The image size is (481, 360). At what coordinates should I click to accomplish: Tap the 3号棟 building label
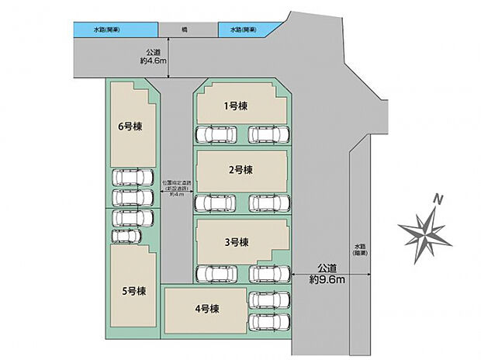[x=236, y=242]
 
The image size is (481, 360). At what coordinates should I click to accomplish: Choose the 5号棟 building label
[x=132, y=292]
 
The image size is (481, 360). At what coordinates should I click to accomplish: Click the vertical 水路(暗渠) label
[x=359, y=247]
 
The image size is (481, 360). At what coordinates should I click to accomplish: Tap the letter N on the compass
[x=438, y=200]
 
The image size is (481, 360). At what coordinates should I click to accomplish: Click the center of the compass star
[x=424, y=230]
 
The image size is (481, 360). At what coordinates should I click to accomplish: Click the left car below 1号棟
[x=216, y=135]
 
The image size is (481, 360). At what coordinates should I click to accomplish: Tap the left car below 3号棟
[x=216, y=273]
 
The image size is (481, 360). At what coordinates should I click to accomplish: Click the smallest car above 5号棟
[x=124, y=235]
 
